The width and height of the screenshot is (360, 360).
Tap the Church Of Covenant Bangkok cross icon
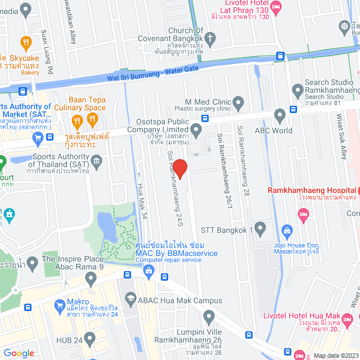[x=210, y=39]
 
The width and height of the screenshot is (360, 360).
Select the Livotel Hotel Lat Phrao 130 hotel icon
[x=276, y=7]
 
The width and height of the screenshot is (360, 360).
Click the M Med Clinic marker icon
[x=238, y=103]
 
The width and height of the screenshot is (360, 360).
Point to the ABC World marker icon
[x=280, y=116]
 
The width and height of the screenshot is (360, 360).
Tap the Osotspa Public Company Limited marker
[x=196, y=131]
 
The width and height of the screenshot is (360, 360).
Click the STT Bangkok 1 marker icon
[x=260, y=229]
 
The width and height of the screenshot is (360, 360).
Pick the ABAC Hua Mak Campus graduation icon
[x=131, y=299]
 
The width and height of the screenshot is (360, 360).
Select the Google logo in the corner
[x=19, y=353]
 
